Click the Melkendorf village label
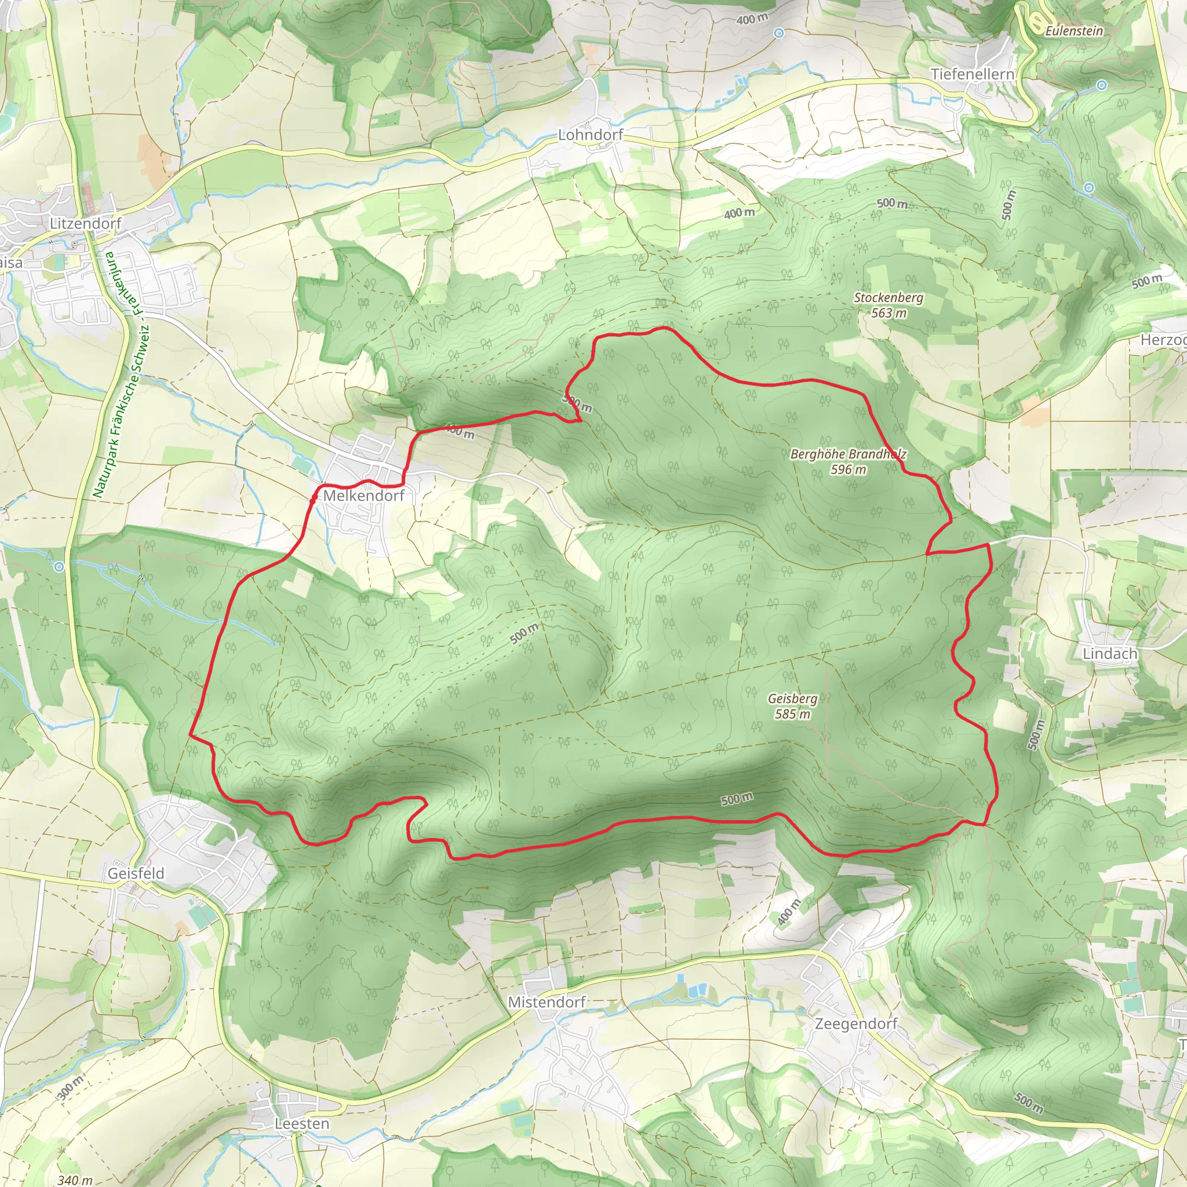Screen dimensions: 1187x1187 pyautogui.click(x=364, y=496)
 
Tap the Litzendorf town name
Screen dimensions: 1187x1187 pyautogui.click(x=85, y=224)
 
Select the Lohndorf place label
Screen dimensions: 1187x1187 pyautogui.click(x=591, y=134)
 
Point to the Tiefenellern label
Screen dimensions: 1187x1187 pyautogui.click(x=972, y=74)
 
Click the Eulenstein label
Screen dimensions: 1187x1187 pyautogui.click(x=1074, y=31)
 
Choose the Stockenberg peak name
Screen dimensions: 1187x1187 pyautogui.click(x=889, y=298)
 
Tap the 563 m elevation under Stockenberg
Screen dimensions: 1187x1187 pyautogui.click(x=889, y=313)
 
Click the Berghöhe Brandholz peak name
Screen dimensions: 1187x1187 pyautogui.click(x=848, y=454)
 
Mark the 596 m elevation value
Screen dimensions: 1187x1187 pyautogui.click(x=848, y=469)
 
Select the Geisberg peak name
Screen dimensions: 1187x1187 pyautogui.click(x=792, y=698)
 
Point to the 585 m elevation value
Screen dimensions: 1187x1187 pyautogui.click(x=792, y=714)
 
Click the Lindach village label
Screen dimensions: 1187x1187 pyautogui.click(x=1109, y=654)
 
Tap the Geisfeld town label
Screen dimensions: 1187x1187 pyautogui.click(x=136, y=873)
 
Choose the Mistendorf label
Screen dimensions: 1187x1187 pyautogui.click(x=547, y=1002)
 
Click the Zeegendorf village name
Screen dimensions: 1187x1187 pyautogui.click(x=856, y=1024)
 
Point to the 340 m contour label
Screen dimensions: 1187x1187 pyautogui.click(x=75, y=1179)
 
